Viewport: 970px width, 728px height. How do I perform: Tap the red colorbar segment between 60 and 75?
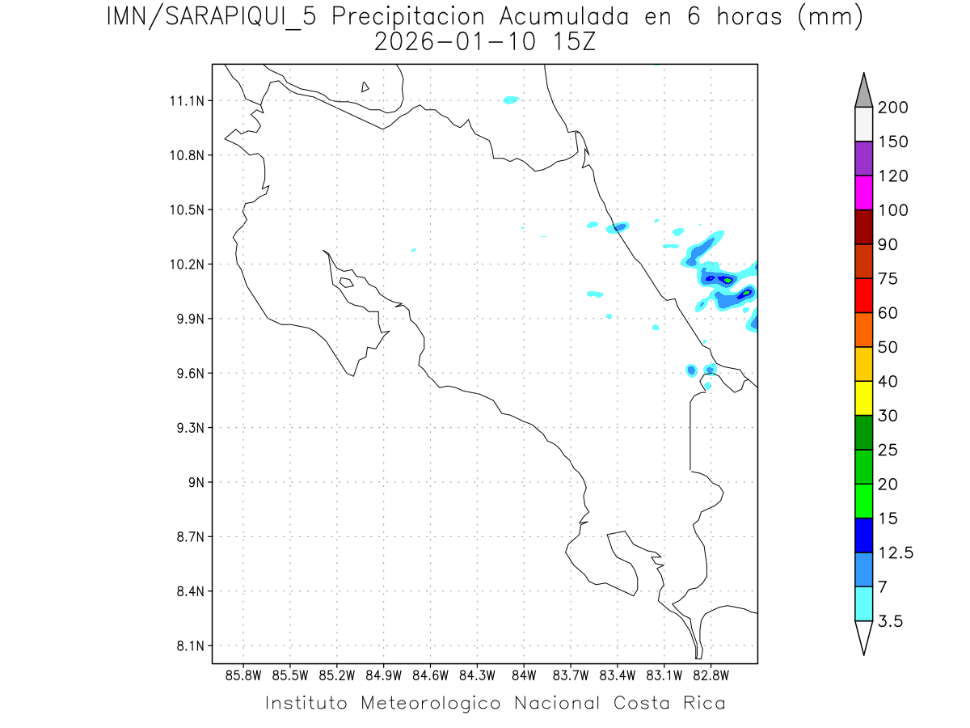[x=863, y=295]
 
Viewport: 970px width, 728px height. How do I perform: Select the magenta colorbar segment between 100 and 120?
[x=863, y=193]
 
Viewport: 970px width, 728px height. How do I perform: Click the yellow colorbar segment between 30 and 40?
[x=863, y=397]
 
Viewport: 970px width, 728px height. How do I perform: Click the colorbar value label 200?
[x=892, y=108]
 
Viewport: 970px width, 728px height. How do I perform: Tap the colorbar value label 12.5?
[x=896, y=553]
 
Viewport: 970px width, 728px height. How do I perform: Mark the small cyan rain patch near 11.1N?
[x=510, y=100]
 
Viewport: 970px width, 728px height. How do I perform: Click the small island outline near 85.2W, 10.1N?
[x=346, y=282]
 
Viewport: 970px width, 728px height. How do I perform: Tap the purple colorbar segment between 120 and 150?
[x=863, y=159]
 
